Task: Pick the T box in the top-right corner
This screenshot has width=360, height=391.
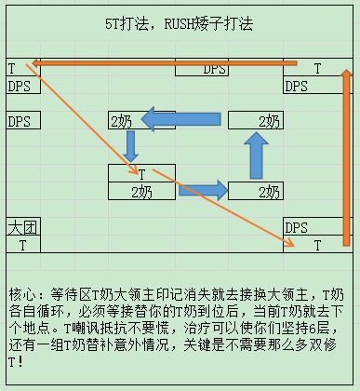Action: (317, 69)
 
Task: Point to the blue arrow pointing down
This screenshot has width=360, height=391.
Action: (131, 145)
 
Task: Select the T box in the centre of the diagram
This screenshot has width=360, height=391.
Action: (141, 173)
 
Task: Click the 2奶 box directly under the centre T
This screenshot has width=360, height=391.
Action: (141, 191)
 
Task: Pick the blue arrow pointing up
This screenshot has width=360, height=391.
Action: (255, 155)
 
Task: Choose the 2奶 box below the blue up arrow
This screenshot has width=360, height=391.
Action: (255, 191)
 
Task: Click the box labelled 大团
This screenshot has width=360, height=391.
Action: (22, 227)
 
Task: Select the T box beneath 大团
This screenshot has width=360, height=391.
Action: (22, 245)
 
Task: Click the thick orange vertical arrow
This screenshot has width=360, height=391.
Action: (347, 158)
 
